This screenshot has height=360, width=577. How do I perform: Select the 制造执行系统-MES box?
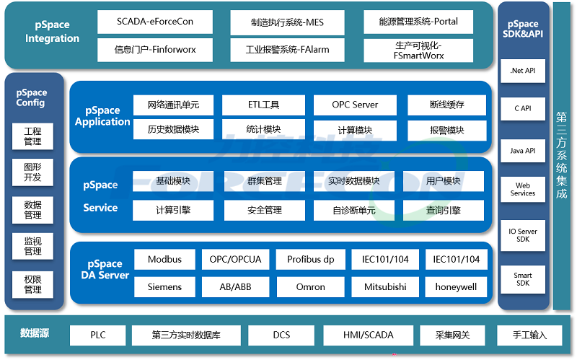tap(277, 22)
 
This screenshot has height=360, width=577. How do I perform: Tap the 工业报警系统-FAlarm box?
tap(277, 51)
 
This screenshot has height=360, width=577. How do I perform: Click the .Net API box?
tap(523, 71)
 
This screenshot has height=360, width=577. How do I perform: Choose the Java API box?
tap(523, 151)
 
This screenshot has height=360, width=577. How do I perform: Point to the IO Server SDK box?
tap(523, 235)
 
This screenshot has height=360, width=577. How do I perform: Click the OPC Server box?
tap(355, 105)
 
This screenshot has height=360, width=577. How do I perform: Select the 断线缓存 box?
tap(447, 105)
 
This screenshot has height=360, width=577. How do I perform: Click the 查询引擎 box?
tap(444, 211)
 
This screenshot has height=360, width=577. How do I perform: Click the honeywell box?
tap(457, 287)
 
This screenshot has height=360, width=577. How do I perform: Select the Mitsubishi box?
tap(384, 287)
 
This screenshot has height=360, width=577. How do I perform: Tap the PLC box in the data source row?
tap(98, 335)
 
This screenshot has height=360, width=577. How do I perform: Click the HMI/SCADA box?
tap(369, 335)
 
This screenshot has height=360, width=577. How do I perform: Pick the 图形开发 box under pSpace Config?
tap(33, 172)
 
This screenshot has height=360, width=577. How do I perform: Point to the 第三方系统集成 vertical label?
tap(562, 156)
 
